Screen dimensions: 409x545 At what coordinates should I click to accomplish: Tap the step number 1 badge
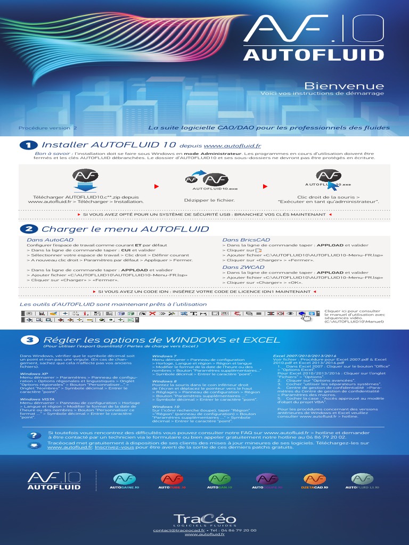(x=29, y=145)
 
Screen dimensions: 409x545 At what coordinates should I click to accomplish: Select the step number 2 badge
(x=29, y=229)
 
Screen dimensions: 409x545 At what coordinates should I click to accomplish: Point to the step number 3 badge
(x=29, y=340)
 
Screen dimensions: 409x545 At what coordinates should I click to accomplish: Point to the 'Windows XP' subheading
(x=34, y=374)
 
